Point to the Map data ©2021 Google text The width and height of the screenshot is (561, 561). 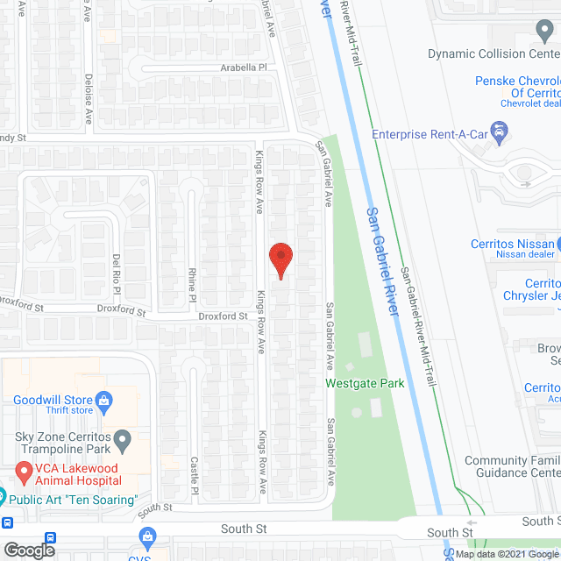[508, 553]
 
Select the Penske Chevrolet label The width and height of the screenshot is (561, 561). [517, 81]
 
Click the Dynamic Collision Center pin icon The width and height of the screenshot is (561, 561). [542, 31]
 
